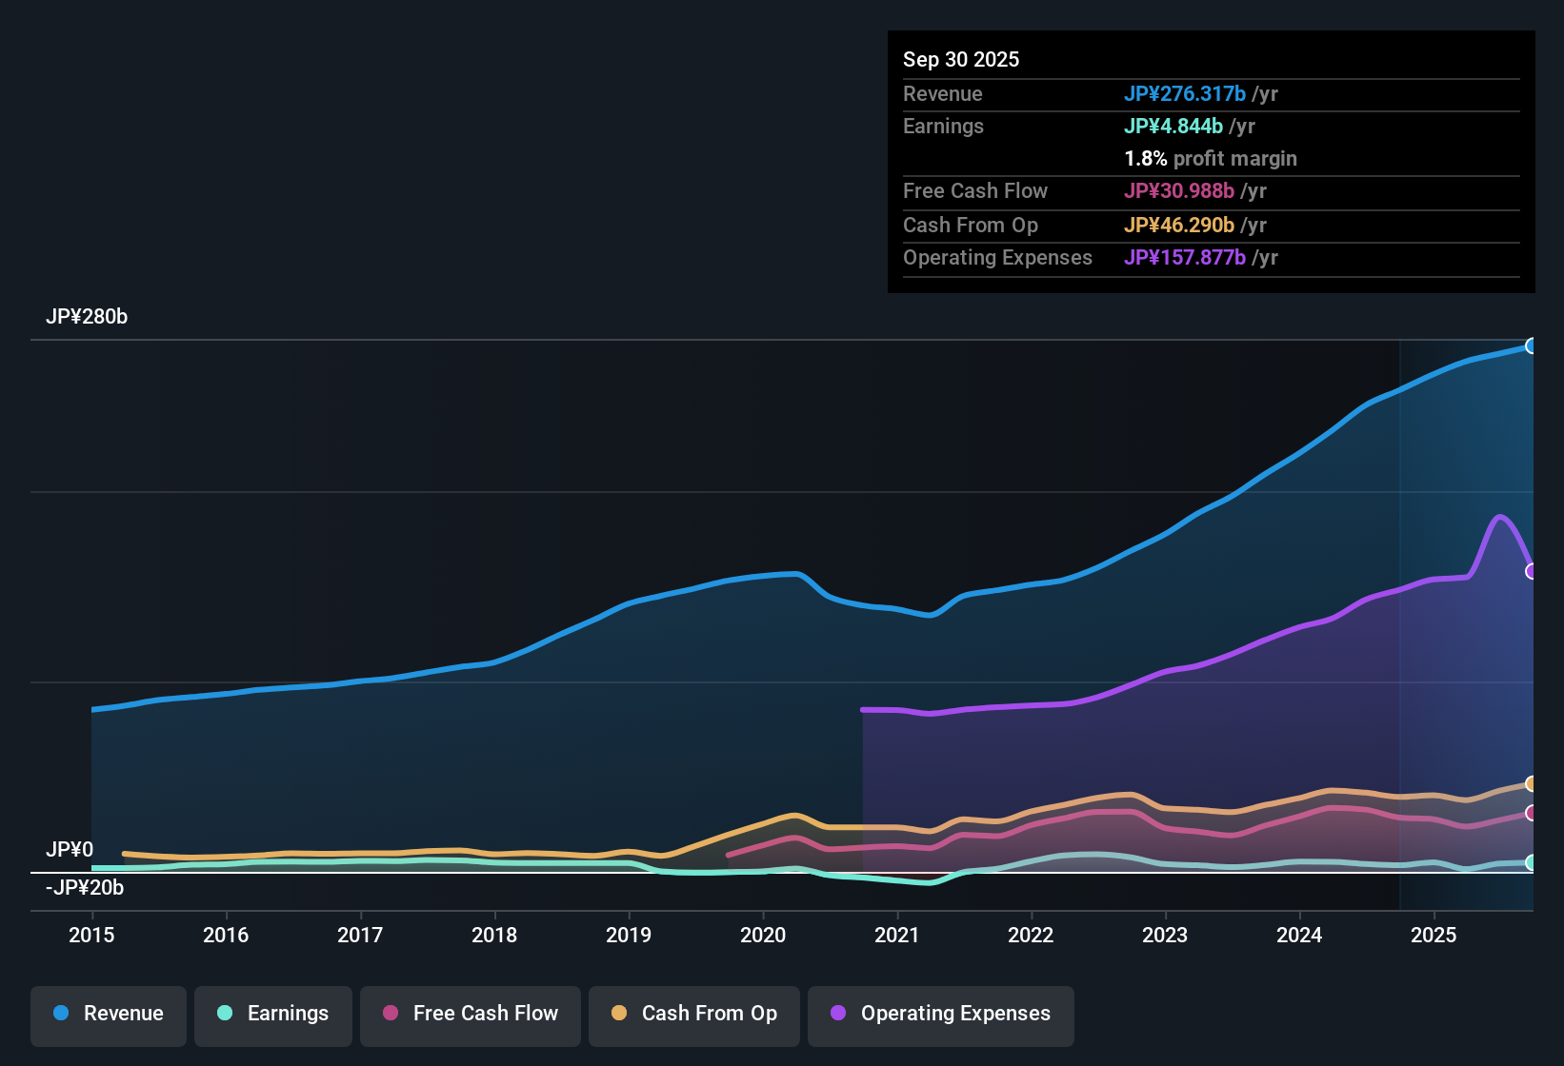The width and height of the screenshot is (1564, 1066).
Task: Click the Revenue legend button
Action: pyautogui.click(x=109, y=1014)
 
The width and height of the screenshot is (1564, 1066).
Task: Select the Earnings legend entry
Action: pyautogui.click(x=273, y=1014)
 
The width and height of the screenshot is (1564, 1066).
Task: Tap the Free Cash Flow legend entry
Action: pyautogui.click(x=471, y=1014)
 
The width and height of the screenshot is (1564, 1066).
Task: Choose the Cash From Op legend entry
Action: pyautogui.click(x=694, y=1014)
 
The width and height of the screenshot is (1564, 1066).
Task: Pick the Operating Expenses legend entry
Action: pyautogui.click(x=941, y=1014)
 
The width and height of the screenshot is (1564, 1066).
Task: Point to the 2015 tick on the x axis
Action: pyautogui.click(x=91, y=935)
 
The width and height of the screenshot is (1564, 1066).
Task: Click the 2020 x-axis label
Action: pyautogui.click(x=763, y=935)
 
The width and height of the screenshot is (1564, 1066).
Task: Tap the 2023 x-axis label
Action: pyautogui.click(x=1165, y=935)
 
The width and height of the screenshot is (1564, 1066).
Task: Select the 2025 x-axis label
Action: pyautogui.click(x=1434, y=935)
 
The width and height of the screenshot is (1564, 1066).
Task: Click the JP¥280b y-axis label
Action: pyautogui.click(x=87, y=317)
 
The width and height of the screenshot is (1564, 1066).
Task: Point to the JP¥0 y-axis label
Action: pyautogui.click(x=70, y=850)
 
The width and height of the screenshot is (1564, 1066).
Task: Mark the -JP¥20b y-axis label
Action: pyautogui.click(x=85, y=888)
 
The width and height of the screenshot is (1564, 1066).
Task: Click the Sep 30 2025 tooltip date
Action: pyautogui.click(x=961, y=60)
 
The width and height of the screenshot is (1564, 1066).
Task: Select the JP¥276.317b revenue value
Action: pyautogui.click(x=1184, y=94)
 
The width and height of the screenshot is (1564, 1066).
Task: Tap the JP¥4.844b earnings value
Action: pyautogui.click(x=1173, y=127)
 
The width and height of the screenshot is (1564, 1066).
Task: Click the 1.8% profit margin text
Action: pyautogui.click(x=1211, y=159)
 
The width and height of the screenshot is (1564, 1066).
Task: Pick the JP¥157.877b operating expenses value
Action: pyautogui.click(x=1184, y=258)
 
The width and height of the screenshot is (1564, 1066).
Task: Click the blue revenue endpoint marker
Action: pyautogui.click(x=1531, y=346)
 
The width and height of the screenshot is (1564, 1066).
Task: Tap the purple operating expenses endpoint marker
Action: pyautogui.click(x=1531, y=572)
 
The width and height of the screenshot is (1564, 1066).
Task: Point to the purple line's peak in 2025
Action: pyautogui.click(x=1500, y=517)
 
